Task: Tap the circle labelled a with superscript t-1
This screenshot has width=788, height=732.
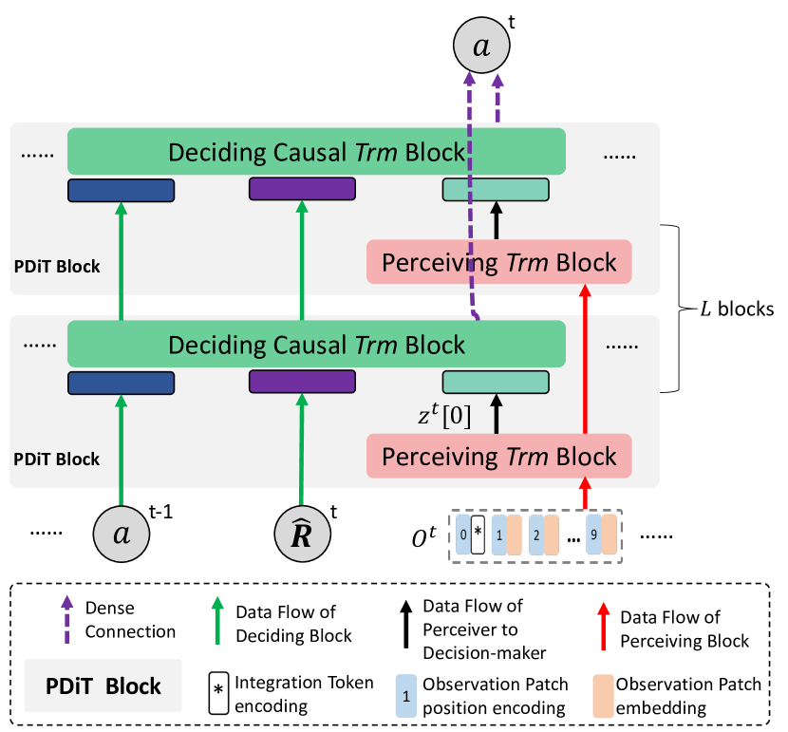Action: pyautogui.click(x=122, y=533)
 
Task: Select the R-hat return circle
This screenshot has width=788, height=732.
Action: pyautogui.click(x=302, y=534)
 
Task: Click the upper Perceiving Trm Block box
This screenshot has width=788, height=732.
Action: pyautogui.click(x=498, y=262)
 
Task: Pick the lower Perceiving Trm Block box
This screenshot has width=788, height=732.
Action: pyautogui.click(x=498, y=457)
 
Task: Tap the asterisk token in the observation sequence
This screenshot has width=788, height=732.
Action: pyautogui.click(x=478, y=535)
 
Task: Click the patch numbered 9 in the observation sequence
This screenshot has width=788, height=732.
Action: pyautogui.click(x=592, y=535)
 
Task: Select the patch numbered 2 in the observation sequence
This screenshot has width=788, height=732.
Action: pyautogui.click(x=535, y=535)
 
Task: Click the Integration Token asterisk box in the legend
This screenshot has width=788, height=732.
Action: pyautogui.click(x=218, y=690)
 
